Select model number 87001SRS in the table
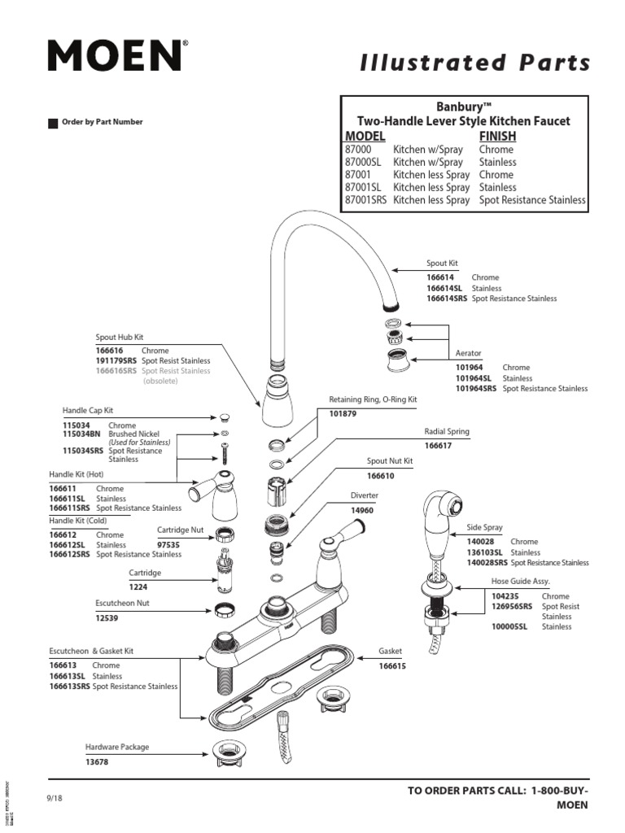pos(366,199)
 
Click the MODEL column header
pos(365,136)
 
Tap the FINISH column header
pos(497,136)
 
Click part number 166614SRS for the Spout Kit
pos(447,299)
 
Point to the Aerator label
pos(468,354)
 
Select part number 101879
pos(343,413)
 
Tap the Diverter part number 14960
pos(362,510)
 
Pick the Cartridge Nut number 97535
pos(168,543)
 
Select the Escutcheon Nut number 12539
pos(107,618)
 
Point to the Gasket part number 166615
pos(392,666)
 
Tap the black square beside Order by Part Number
pos(53,123)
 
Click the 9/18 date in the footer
pos(55,798)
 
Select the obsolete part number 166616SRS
pos(116,371)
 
